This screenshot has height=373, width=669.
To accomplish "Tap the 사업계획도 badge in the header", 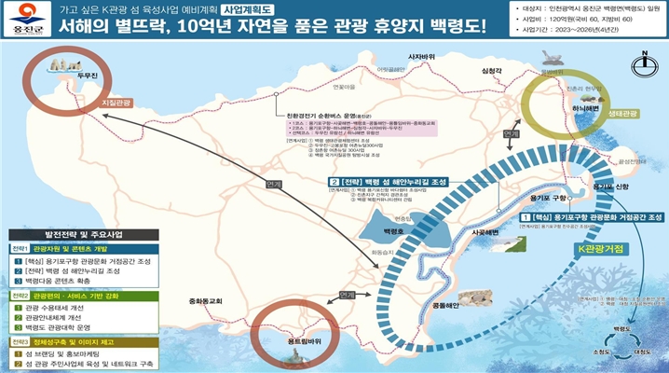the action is point(251,8).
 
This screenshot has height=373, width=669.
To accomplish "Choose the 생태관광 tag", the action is point(622,114).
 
